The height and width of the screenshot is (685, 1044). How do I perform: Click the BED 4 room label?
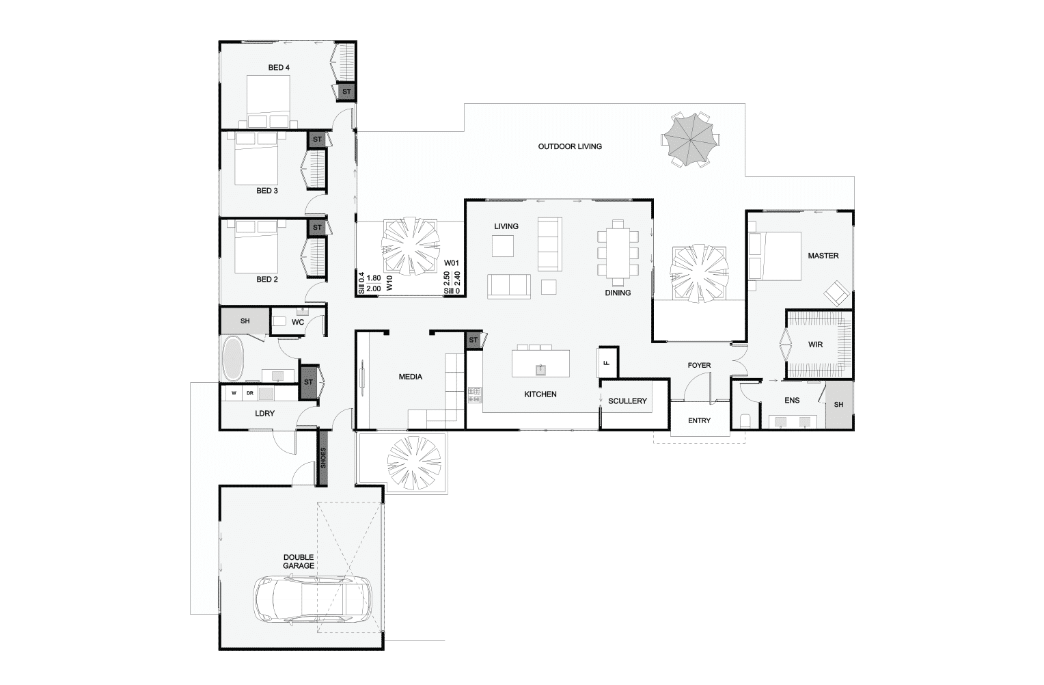(279, 68)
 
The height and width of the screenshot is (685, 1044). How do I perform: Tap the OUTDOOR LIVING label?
(570, 146)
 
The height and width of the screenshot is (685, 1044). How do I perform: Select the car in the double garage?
(313, 600)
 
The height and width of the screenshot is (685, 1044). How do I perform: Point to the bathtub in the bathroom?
(233, 358)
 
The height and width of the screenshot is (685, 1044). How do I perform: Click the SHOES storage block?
(323, 458)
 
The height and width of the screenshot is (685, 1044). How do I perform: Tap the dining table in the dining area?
(618, 252)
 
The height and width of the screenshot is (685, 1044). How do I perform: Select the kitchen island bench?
(540, 363)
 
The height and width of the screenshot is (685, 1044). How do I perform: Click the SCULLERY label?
(627, 401)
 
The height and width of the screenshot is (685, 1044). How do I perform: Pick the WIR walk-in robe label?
(815, 345)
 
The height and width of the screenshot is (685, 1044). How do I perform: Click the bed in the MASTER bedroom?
(775, 256)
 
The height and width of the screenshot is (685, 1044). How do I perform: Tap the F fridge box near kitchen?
(607, 362)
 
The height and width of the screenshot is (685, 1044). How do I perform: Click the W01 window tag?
(451, 263)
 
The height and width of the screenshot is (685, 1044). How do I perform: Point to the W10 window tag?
(389, 283)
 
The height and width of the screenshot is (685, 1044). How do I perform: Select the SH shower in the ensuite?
(839, 405)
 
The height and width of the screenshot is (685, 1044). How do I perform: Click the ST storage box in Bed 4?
(346, 92)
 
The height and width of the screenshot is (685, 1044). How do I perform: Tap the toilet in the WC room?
(279, 321)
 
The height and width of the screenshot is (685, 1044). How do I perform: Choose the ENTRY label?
(699, 420)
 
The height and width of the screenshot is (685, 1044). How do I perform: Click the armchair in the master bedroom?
(836, 293)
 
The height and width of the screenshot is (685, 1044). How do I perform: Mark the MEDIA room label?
(411, 377)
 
